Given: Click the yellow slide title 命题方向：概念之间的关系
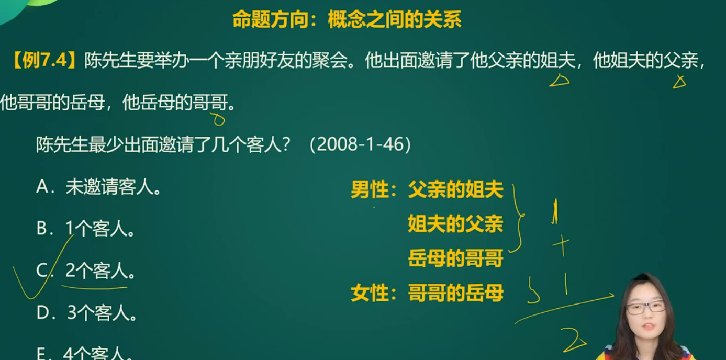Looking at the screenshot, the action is click(347, 19).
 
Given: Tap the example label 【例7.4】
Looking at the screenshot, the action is click(44, 61).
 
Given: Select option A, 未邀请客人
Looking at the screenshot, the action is click(98, 187).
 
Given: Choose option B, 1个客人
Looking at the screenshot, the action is click(85, 228).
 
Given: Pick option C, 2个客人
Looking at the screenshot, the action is click(85, 271).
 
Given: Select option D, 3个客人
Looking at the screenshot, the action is click(86, 313).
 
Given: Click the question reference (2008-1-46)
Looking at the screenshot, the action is click(360, 144).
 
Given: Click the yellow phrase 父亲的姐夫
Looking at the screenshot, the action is click(456, 189).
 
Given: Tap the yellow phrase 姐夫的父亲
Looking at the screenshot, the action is click(456, 223).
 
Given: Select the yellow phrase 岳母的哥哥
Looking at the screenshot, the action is click(456, 258).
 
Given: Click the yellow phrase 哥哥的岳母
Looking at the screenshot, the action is click(456, 293).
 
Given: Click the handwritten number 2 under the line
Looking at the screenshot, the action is click(574, 340).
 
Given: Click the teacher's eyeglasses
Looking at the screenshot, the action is click(645, 307).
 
